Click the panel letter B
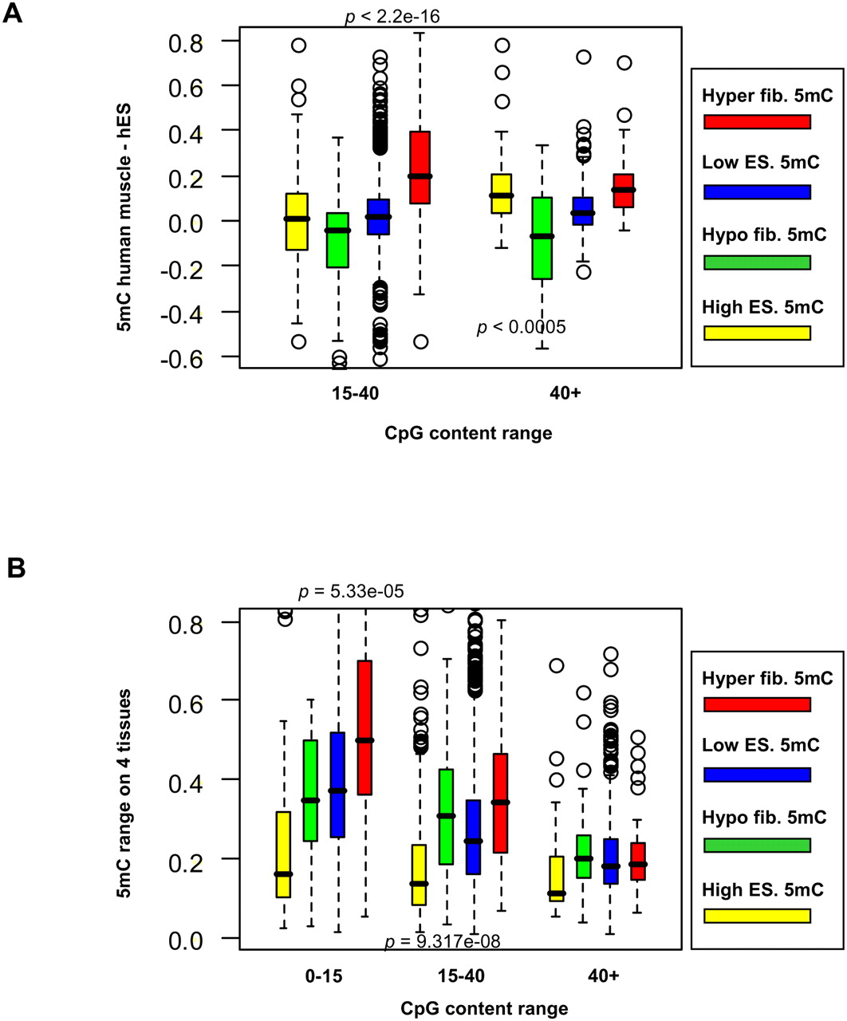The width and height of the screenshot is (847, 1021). tap(15, 568)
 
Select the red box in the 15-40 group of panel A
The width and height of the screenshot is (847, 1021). tap(420, 168)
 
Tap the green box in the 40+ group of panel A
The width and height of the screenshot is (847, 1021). tap(542, 238)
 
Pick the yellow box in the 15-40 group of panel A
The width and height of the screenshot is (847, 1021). tap(297, 222)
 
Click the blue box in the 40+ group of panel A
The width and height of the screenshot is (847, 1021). tap(583, 211)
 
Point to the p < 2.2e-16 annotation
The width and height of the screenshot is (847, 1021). tap(392, 16)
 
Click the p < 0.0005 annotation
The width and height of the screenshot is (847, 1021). tap(522, 327)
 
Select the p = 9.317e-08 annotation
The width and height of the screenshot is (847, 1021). tap(443, 942)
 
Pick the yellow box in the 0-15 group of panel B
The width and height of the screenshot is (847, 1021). tap(283, 854)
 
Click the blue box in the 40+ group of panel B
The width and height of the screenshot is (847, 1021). tap(612, 861)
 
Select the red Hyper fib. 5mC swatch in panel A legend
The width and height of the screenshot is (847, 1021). tap(757, 121)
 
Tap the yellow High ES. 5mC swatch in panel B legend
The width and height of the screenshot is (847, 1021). tap(757, 915)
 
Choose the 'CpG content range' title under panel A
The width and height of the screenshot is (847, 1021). tap(468, 434)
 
